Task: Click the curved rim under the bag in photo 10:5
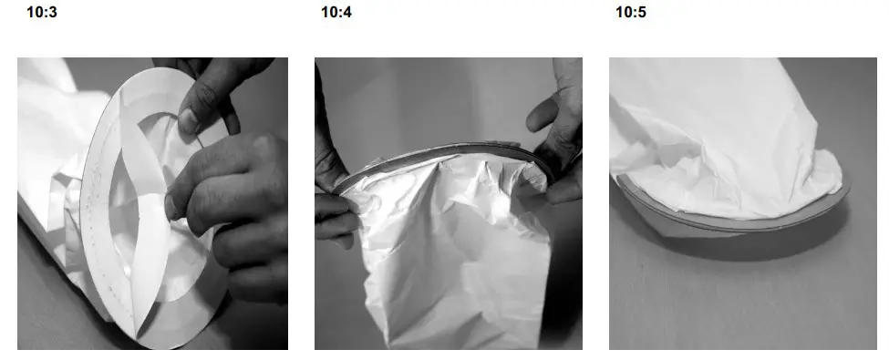[x=729, y=223]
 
